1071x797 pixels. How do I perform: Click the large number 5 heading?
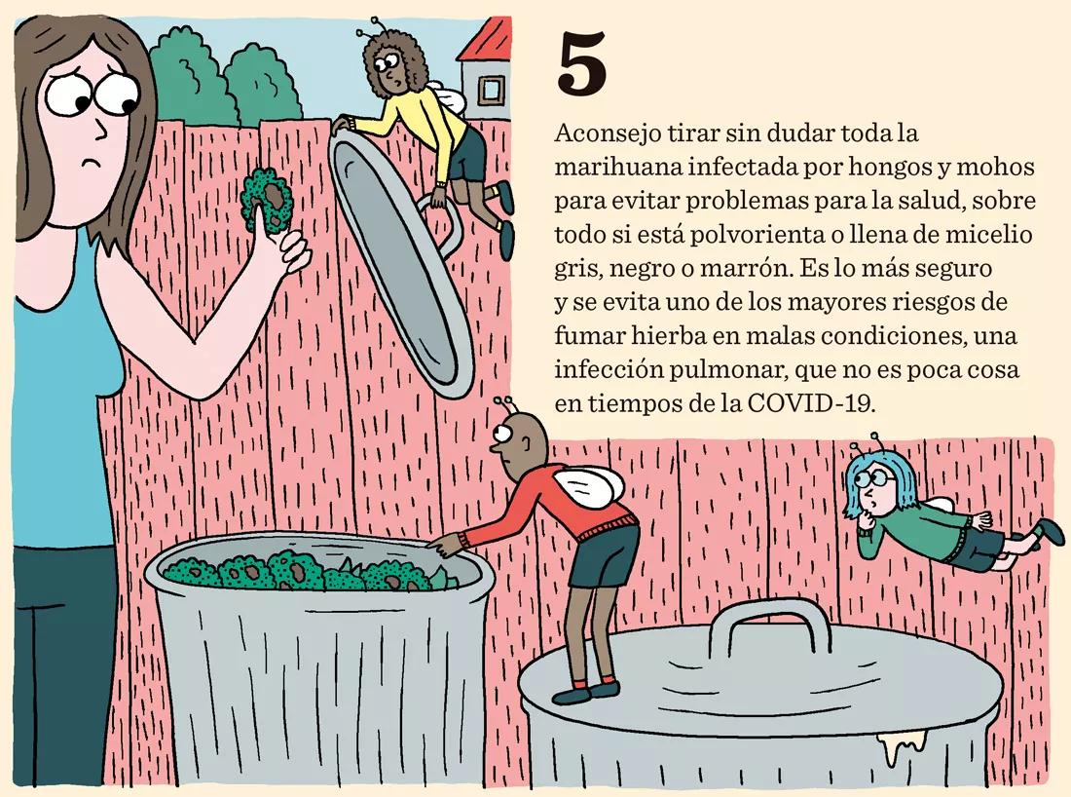[582, 65]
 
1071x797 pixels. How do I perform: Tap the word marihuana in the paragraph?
[605, 168]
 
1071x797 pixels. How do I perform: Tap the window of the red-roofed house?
[492, 90]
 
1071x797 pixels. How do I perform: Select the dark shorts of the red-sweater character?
[603, 555]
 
